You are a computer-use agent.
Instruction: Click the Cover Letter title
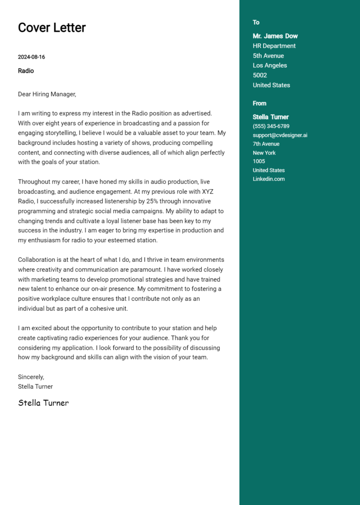pos(52,28)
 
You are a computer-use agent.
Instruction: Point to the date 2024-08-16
pos(31,57)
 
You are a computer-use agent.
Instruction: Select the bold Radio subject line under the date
pos(26,71)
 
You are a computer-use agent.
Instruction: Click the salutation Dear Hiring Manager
pos(47,94)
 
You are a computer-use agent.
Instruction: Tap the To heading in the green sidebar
pos(256,22)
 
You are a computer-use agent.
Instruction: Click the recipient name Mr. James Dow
pos(275,36)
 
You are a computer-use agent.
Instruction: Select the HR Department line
pos(274,46)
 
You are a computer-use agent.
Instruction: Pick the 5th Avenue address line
pos(268,56)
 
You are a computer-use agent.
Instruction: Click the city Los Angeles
pos(270,66)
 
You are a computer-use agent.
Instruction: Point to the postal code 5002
pos(260,75)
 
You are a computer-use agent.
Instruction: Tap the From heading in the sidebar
pos(259,104)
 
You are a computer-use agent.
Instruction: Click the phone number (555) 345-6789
pos(271,126)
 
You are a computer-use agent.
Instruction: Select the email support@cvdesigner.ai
pos(280,135)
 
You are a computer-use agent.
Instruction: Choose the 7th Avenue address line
pos(266,144)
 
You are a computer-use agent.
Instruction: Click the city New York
pos(264,153)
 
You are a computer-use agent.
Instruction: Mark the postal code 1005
pos(259,161)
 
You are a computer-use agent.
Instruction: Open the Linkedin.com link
pos(269,179)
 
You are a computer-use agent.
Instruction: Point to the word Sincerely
pos(31,377)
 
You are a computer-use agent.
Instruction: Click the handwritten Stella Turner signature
pos(43,403)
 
